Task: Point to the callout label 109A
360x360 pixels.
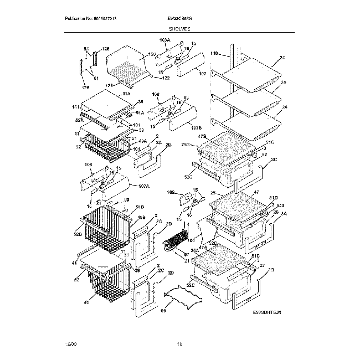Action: (x=164, y=40)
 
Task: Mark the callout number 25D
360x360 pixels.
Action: (x=186, y=145)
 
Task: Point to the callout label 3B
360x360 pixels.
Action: (x=271, y=270)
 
